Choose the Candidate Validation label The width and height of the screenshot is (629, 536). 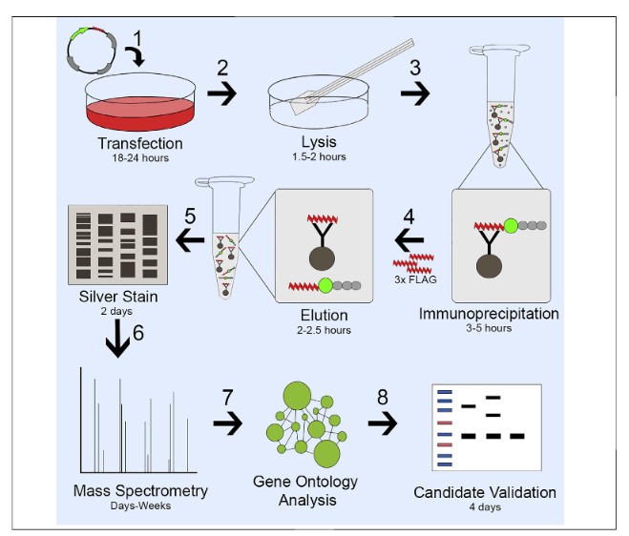[x=484, y=492]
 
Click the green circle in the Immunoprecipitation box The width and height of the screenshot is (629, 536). [x=512, y=227]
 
